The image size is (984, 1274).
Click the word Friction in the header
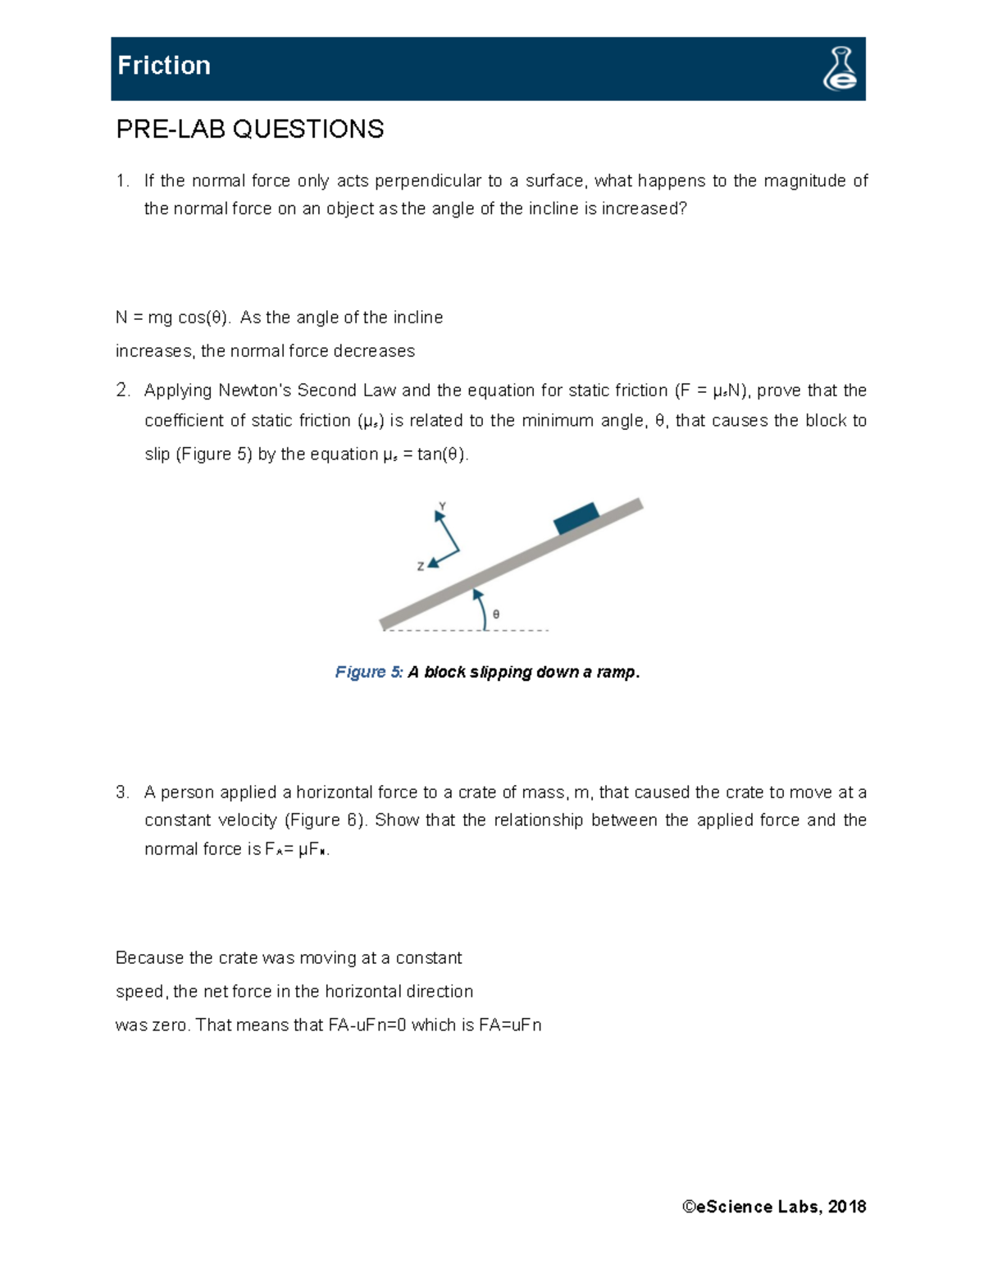point(164,66)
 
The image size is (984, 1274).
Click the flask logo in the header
point(840,69)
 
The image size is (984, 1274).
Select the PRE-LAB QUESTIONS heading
point(249,129)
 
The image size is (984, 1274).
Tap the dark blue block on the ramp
point(576,519)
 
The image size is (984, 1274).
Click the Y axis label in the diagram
point(442,506)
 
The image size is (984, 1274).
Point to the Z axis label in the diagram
point(420,566)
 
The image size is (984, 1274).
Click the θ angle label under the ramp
point(496,614)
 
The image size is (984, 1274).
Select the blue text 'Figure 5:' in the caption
point(368,672)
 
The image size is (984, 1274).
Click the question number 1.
point(122,180)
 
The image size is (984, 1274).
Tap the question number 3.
point(122,792)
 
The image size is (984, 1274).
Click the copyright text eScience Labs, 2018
point(774,1206)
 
